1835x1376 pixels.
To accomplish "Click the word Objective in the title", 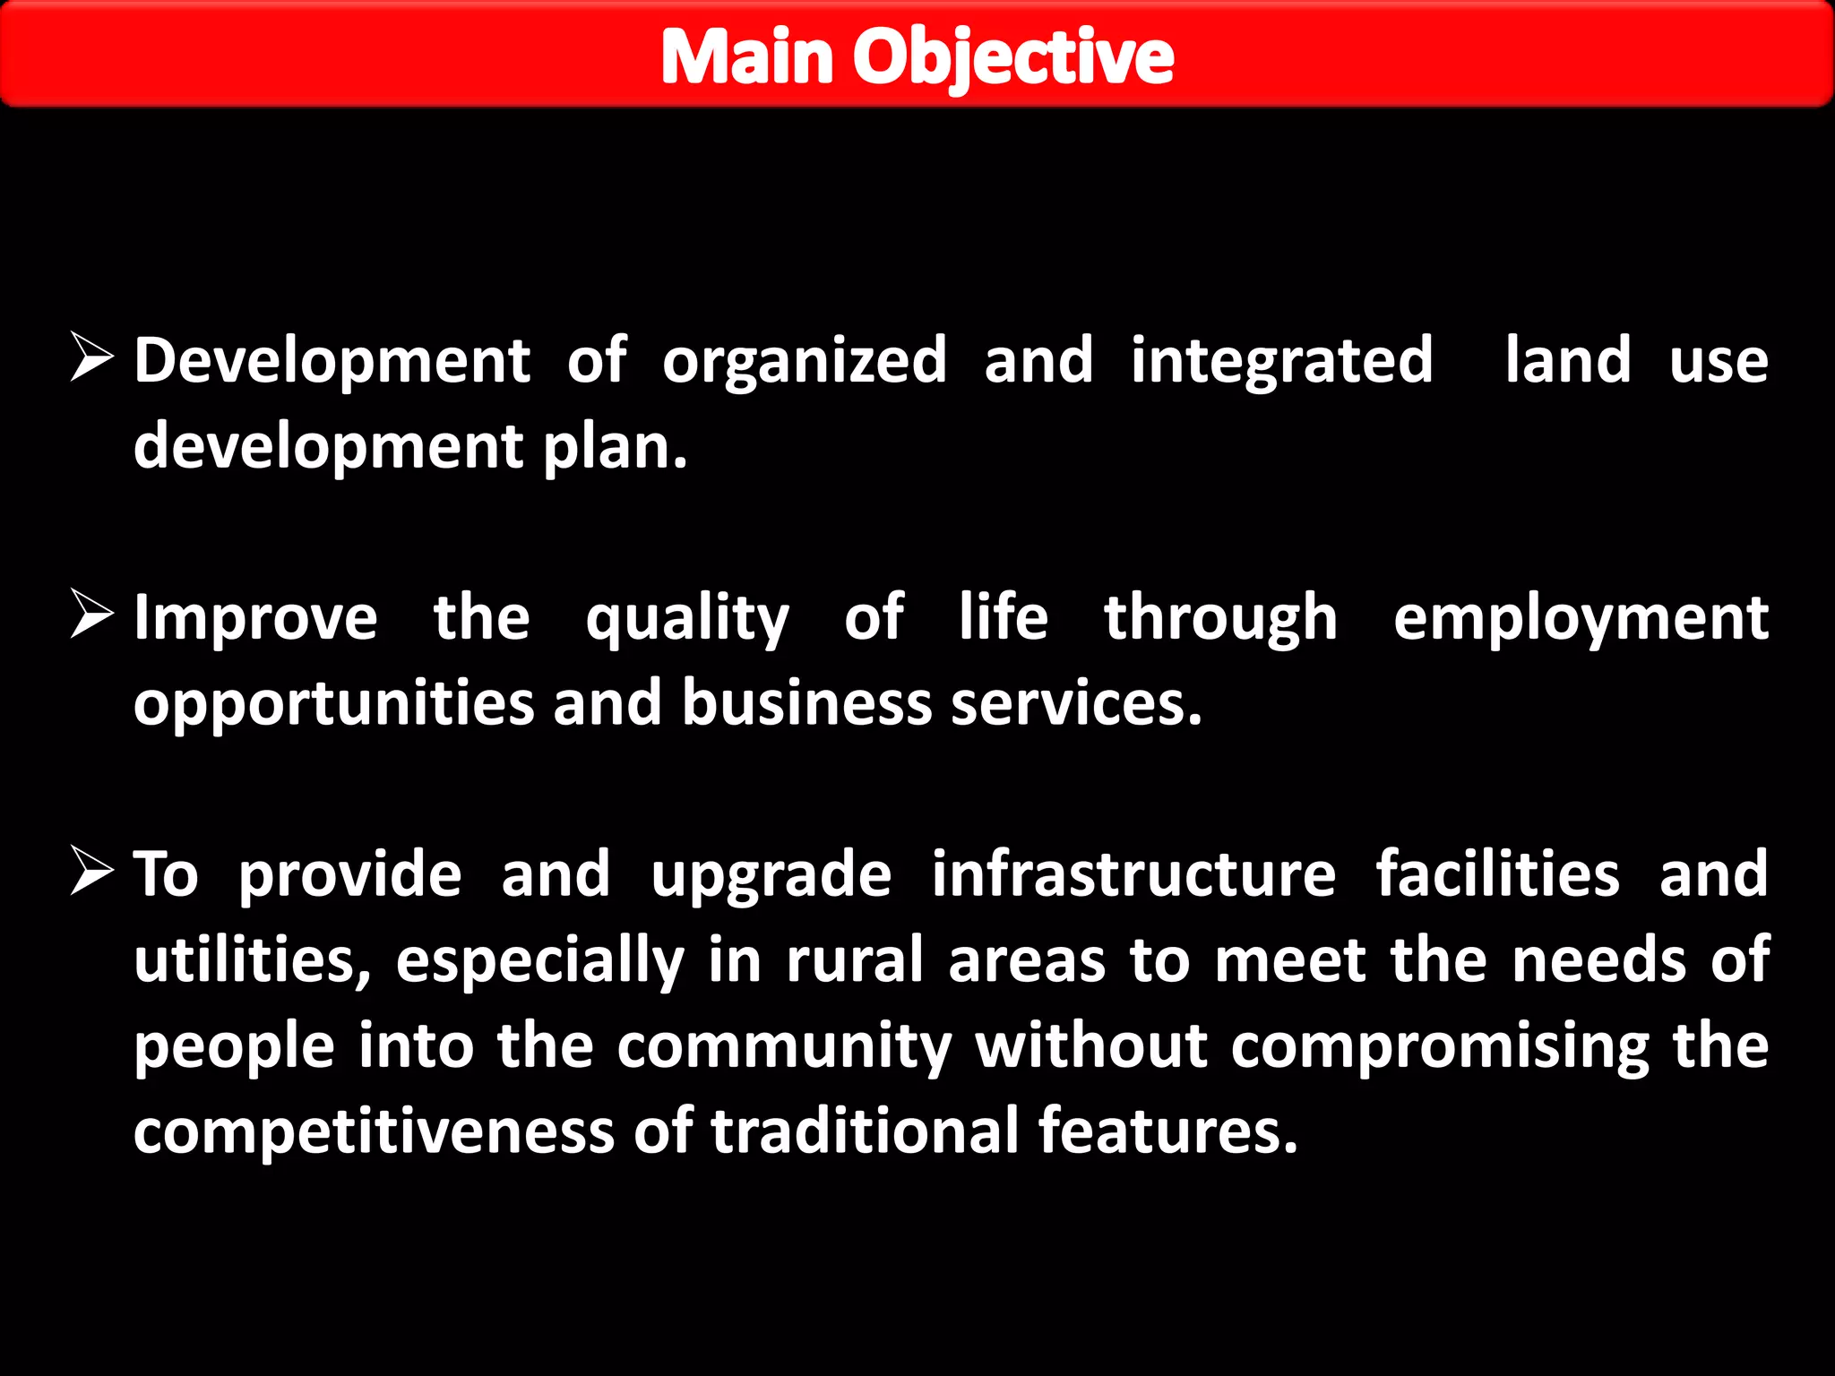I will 1012,57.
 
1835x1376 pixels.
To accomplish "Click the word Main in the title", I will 747,57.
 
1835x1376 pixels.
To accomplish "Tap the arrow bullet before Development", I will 91,358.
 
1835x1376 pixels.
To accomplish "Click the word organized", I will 804,361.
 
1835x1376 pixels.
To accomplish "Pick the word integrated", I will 1281,361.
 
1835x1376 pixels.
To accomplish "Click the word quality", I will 687,618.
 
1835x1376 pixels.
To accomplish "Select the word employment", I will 1581,618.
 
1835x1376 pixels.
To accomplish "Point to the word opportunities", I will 334,704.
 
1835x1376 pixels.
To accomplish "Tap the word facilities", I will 1497,874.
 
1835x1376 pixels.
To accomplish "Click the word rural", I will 855,960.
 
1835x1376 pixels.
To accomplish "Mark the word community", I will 784,1046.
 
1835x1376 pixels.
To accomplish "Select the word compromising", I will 1440,1046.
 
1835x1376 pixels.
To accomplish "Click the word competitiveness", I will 374,1131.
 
